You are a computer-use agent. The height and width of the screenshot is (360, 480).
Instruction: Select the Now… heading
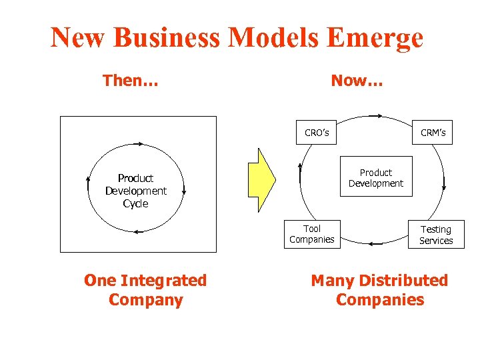coord(357,81)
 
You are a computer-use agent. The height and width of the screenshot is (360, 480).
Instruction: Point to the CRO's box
coord(317,133)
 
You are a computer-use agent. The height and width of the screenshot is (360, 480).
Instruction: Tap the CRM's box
coord(433,133)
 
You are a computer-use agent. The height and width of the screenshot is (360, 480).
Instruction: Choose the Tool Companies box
coord(312,234)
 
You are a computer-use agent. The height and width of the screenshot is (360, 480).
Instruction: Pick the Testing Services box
coord(436,235)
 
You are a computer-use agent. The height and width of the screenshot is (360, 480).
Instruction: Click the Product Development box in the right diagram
coord(376,178)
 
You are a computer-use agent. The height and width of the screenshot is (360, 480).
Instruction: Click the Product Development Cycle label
coord(135,191)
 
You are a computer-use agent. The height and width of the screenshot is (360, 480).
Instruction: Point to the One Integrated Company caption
coord(145,290)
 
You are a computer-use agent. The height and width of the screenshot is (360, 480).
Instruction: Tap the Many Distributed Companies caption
coord(379,290)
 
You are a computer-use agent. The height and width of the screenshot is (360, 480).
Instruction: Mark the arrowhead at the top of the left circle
coord(139,143)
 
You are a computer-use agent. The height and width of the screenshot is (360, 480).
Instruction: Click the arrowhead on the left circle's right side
coord(184,191)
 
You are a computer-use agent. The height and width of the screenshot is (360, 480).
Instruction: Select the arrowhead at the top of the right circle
coord(378,117)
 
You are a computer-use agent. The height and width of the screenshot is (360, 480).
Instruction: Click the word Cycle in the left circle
coord(135,203)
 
